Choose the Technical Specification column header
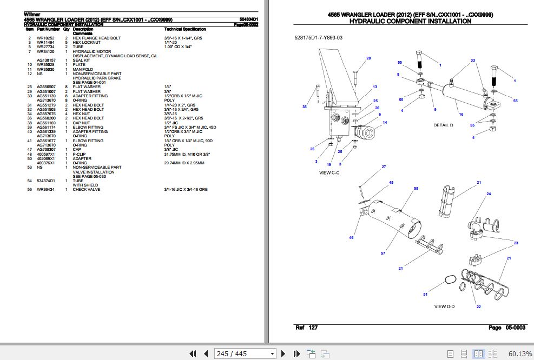[x=184, y=29]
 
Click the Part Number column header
[x=48, y=29]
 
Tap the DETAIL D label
[x=443, y=125]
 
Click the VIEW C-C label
[x=328, y=172]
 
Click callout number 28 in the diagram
[x=368, y=58]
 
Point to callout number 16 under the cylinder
[x=460, y=115]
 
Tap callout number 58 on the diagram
[x=416, y=188]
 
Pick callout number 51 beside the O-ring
[x=425, y=294]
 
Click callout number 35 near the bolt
[x=305, y=107]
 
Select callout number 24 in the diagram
[x=489, y=194]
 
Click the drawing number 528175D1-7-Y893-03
[x=319, y=37]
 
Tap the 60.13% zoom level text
[x=519, y=354]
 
